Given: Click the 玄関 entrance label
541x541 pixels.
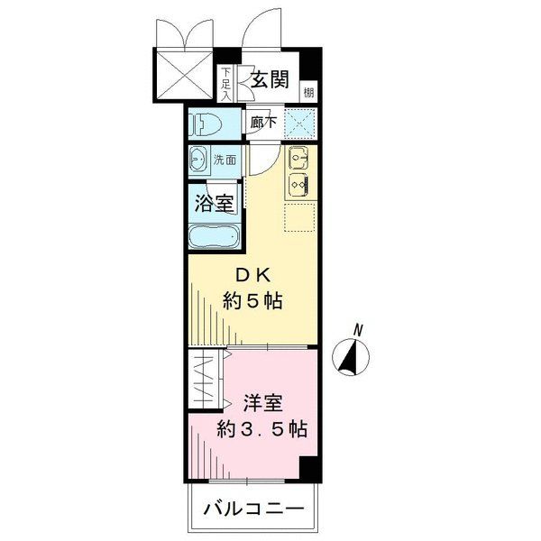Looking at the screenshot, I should click(x=269, y=79).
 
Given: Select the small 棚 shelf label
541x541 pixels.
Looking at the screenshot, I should click(x=309, y=90).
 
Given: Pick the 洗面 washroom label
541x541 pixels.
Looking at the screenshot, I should click(x=225, y=160).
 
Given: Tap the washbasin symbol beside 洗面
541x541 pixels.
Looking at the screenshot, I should click(x=199, y=160).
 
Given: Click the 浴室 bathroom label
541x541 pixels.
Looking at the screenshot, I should click(x=215, y=202).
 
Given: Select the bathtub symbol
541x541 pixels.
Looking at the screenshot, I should click(x=214, y=238).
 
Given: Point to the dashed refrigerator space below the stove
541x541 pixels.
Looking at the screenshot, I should click(x=299, y=217).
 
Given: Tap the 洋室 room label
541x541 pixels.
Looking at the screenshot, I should click(x=260, y=403).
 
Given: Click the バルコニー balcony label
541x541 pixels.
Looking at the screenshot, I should click(x=253, y=510).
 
